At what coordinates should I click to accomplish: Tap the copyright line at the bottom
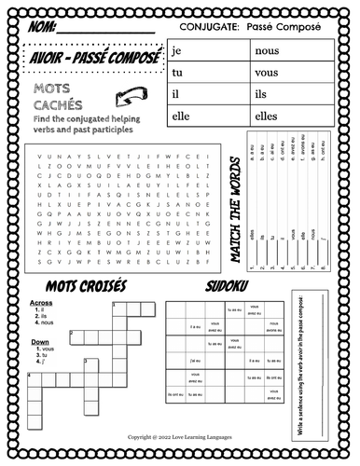(180, 435)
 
